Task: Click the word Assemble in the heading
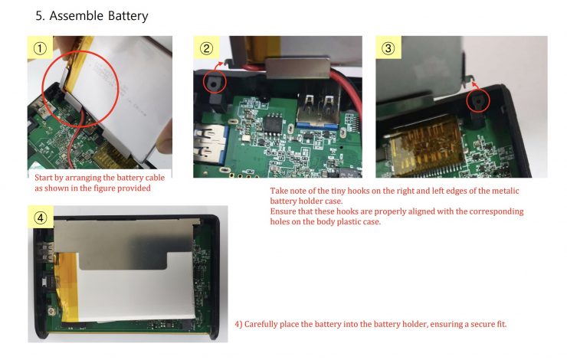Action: tap(77, 15)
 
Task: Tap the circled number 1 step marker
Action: tap(40, 48)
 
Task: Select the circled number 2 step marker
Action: tap(206, 48)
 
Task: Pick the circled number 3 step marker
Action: tap(388, 48)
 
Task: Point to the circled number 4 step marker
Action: tap(41, 218)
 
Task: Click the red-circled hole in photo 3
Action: tap(477, 101)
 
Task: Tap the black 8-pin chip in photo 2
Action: tap(273, 124)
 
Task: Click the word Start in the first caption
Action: tap(44, 178)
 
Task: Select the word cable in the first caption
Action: tap(155, 178)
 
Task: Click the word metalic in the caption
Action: tap(504, 191)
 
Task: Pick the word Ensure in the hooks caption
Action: tap(283, 211)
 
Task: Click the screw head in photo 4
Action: tap(51, 311)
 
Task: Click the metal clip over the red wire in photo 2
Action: tap(297, 67)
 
